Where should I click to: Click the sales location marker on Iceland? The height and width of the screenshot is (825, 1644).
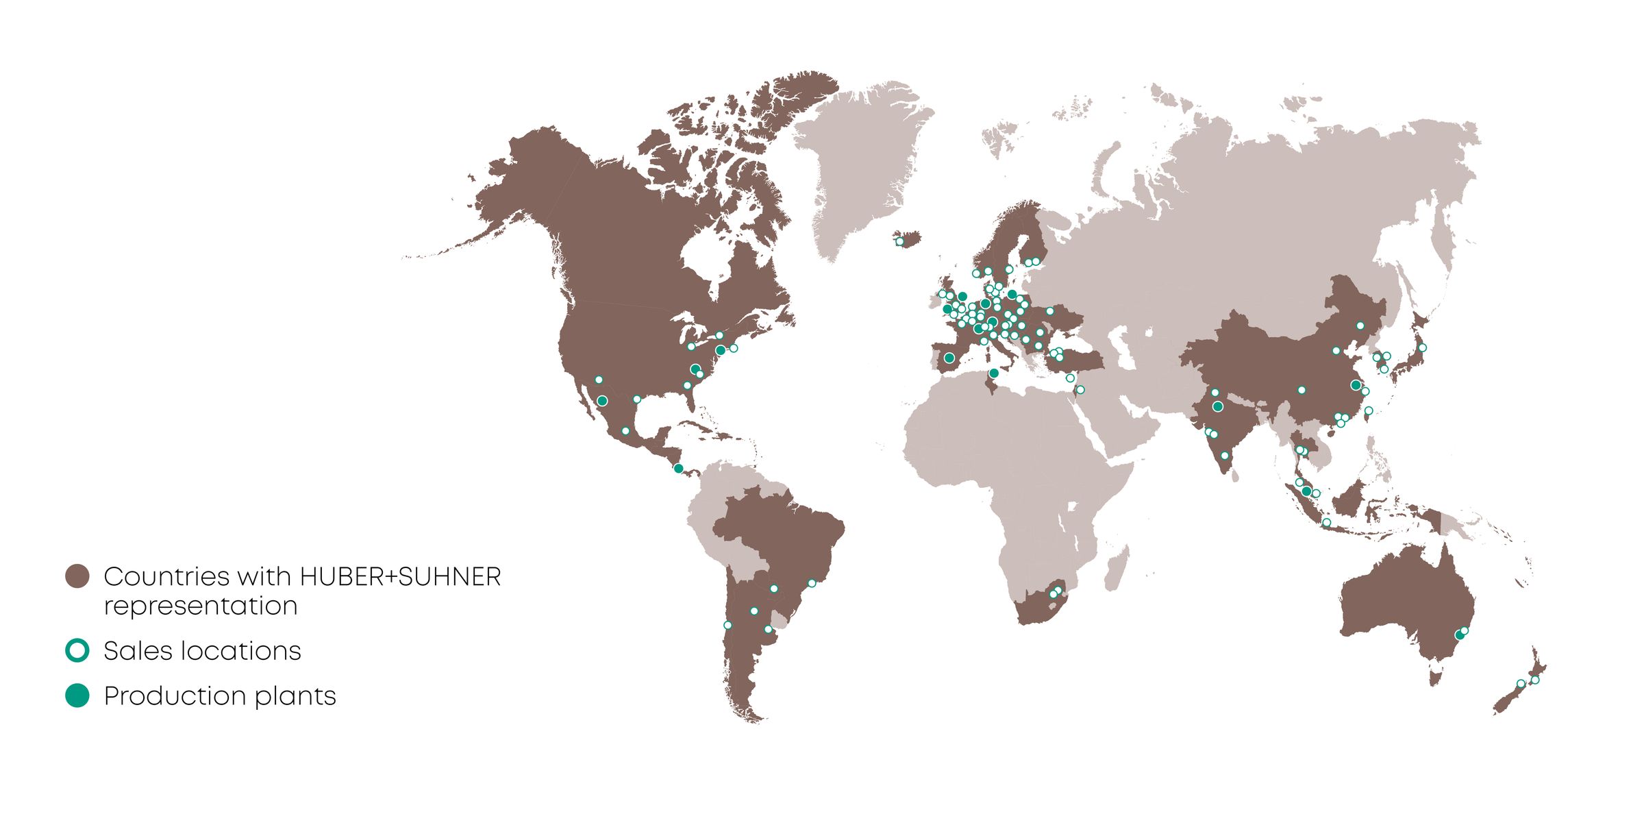pos(900,242)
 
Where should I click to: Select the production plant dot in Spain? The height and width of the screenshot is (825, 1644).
pos(949,358)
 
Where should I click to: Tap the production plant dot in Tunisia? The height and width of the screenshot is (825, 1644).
pos(994,373)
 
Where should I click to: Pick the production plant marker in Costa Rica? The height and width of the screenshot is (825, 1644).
pos(678,469)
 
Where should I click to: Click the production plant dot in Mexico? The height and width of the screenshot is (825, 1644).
pos(602,401)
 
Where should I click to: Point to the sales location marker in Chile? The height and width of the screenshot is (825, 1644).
pos(727,625)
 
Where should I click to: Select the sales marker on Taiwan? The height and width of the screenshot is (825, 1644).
pos(1369,411)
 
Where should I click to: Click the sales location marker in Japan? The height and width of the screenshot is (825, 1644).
pos(1422,348)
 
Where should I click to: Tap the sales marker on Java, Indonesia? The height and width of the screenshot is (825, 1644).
pos(1326,523)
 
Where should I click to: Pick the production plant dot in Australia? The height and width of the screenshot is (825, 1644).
pos(1459,636)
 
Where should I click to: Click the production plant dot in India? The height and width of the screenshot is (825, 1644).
pos(1217,407)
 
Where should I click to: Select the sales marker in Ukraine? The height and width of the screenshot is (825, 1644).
pos(1049,311)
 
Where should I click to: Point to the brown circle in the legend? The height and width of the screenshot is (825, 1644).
pos(77,576)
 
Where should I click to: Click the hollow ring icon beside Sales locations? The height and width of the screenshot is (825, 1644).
pos(77,650)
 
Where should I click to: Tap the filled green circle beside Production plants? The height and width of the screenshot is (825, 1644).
pos(77,695)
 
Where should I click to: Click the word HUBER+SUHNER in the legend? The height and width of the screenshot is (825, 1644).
pos(401,577)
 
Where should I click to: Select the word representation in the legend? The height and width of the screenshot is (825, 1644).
pos(201,606)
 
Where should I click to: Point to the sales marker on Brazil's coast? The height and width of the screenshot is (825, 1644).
pos(812,583)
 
